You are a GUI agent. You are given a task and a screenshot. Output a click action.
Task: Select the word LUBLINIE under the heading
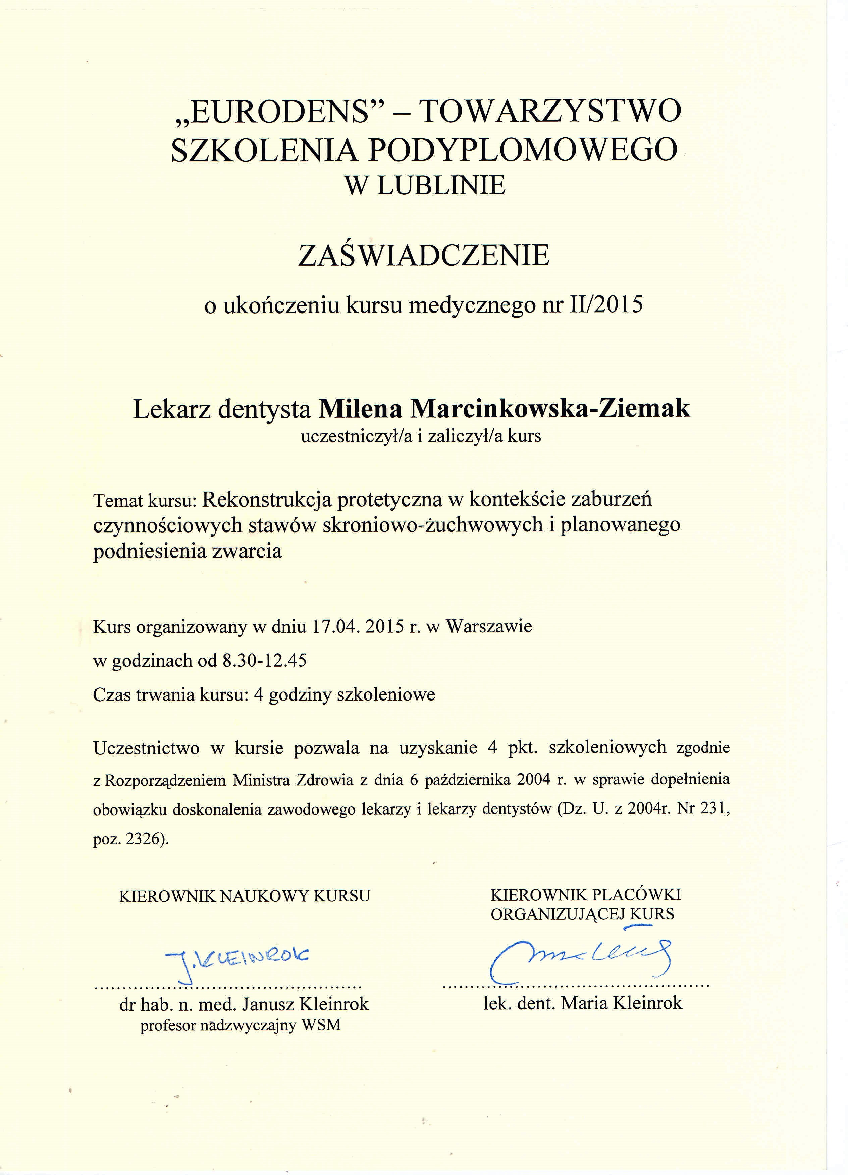tap(440, 185)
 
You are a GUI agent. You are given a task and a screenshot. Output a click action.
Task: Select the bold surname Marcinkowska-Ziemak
tap(550, 409)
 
